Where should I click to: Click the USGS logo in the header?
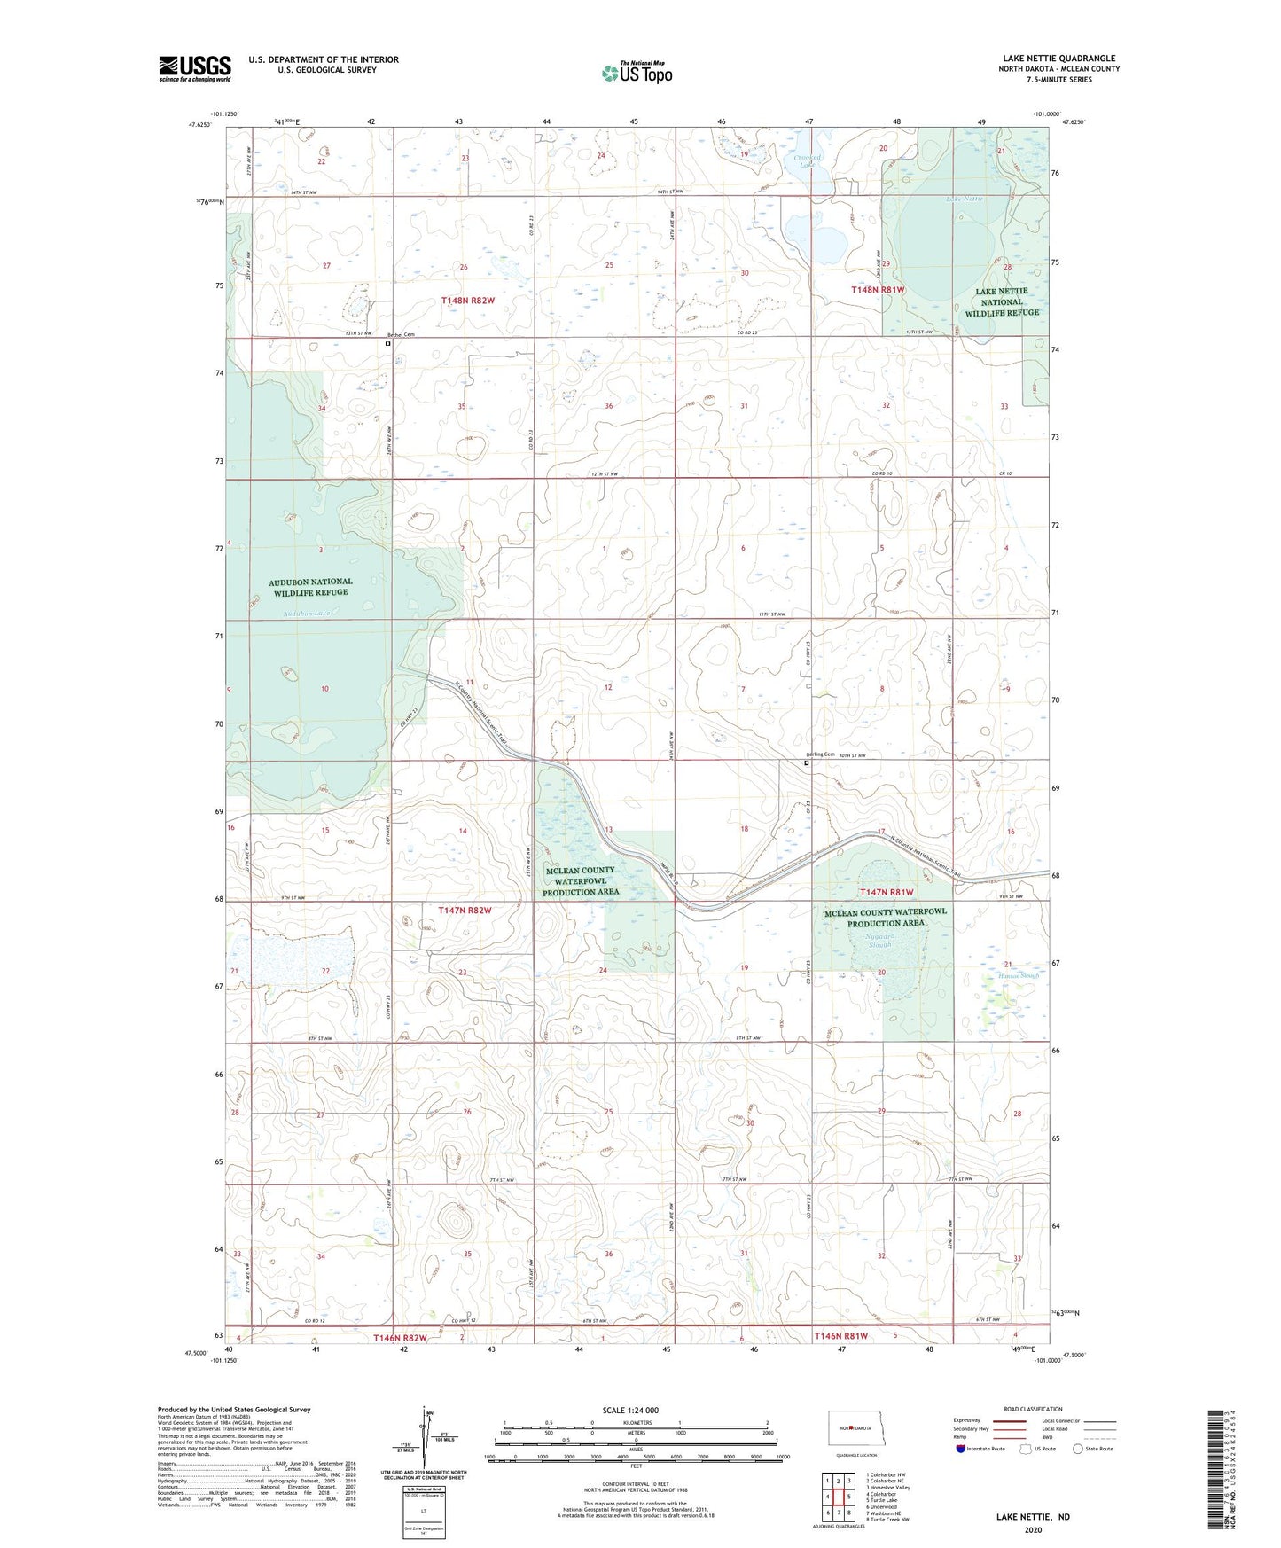point(195,68)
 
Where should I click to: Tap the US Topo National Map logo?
point(636,72)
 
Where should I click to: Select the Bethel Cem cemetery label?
point(402,334)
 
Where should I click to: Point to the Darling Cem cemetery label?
point(819,754)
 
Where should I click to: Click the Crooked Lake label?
point(807,161)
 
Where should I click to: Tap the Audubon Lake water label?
point(307,614)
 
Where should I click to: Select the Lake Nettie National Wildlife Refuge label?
point(1002,301)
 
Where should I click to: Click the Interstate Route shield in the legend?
point(961,1449)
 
